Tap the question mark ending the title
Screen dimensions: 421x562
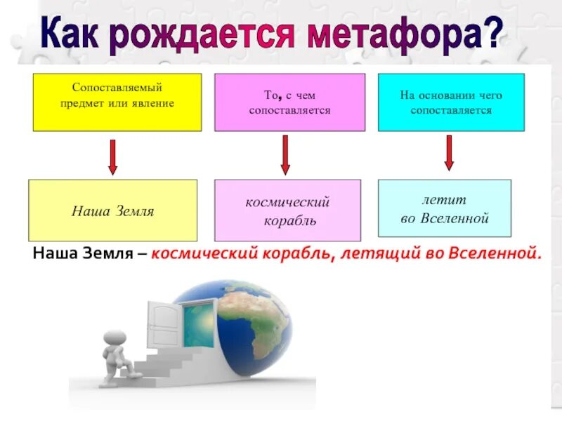click(493, 32)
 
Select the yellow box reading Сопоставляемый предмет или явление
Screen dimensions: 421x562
click(117, 102)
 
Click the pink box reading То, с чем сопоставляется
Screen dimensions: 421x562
click(289, 102)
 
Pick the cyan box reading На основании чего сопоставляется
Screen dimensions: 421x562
click(451, 102)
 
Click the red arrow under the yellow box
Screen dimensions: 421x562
click(112, 156)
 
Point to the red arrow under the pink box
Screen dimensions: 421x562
click(285, 154)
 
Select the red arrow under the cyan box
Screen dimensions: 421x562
click(449, 152)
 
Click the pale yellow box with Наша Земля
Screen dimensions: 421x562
click(112, 210)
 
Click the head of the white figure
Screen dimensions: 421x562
click(115, 338)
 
